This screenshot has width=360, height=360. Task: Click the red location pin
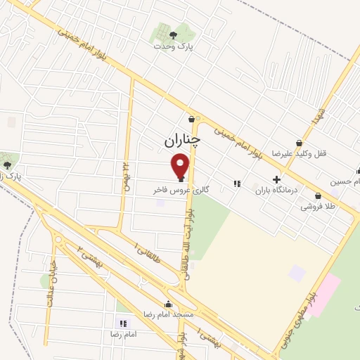[x=181, y=167]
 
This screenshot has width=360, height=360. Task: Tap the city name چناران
[x=182, y=141]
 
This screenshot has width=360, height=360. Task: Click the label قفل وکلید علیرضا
[x=300, y=153]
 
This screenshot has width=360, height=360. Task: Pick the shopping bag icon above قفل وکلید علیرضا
[x=300, y=143]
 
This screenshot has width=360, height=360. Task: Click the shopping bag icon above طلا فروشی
[x=319, y=196]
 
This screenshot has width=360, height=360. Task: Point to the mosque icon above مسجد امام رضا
[x=168, y=304]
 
